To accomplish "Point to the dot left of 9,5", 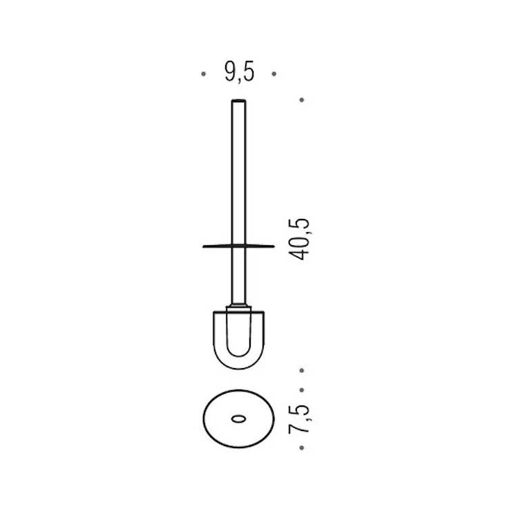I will [x=202, y=73].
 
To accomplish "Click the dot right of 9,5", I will [x=274, y=73].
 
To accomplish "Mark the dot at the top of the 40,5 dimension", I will [x=302, y=100].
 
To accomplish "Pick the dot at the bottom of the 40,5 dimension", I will [x=302, y=371].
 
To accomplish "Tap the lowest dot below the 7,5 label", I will [x=302, y=448].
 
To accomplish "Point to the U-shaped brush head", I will [x=238, y=338].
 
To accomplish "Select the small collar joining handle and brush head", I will [x=238, y=305].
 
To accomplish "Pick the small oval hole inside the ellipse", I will [x=238, y=419].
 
